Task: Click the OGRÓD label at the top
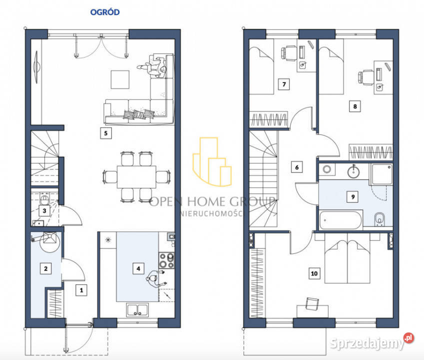coord(105,12)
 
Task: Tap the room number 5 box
coord(106,133)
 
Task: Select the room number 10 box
coord(314,273)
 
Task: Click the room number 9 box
coord(353,197)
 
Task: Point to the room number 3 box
coord(44,210)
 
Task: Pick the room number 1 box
coord(81,290)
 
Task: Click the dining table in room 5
coord(136,177)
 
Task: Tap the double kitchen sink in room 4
coord(138,309)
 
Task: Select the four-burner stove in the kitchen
coord(167,260)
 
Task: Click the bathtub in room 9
coord(341,220)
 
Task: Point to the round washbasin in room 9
coord(354,171)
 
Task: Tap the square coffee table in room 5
coord(120,79)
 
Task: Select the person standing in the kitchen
coord(156,279)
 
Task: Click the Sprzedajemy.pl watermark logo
coord(372,342)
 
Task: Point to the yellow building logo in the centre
coord(212,161)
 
